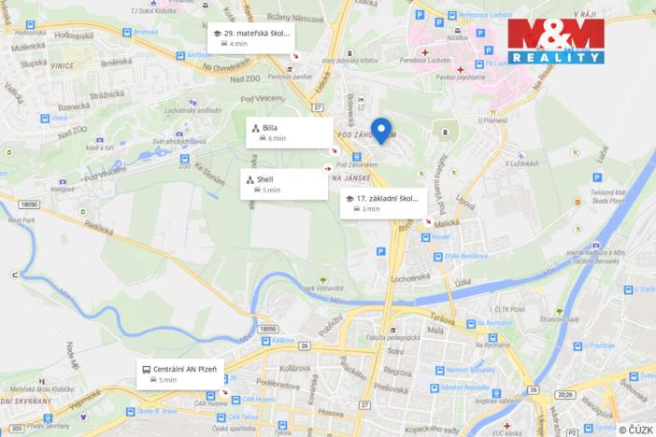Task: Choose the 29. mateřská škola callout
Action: coord(250,37)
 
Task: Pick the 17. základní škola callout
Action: coord(383,203)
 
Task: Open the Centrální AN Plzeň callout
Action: coord(182,374)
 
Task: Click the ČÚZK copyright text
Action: coord(635,429)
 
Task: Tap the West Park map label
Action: coord(20,220)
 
